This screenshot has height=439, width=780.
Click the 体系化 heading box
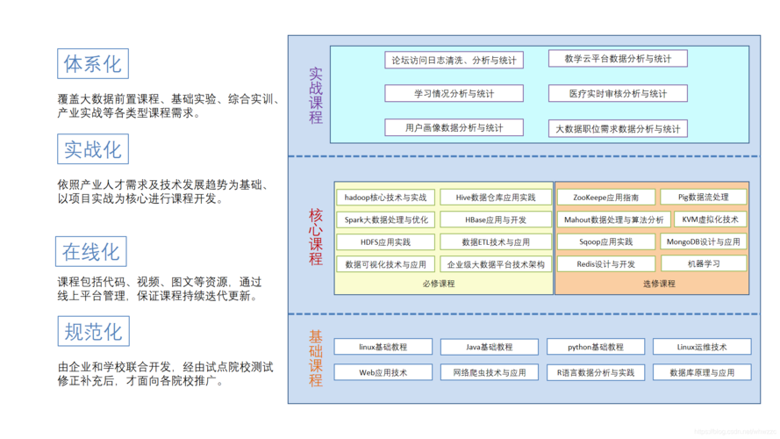coord(92,64)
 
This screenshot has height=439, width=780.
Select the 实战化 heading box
coord(93,149)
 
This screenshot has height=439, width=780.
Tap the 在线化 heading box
coord(91,252)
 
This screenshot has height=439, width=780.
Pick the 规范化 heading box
coord(93,332)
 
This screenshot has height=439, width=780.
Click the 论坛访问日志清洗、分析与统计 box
coord(454,60)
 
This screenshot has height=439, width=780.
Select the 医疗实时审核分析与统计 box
coord(618,93)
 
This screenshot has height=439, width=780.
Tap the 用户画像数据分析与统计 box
coord(454,127)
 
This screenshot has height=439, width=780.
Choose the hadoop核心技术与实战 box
coord(385,198)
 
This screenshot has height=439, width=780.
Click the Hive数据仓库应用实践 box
coord(496,198)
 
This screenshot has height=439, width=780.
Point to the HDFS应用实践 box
coord(385,241)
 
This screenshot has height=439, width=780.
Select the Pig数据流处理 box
coord(703,197)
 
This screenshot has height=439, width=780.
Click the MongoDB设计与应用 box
coord(703,241)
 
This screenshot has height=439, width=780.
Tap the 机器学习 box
coord(703,263)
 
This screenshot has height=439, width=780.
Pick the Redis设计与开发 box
coord(605,263)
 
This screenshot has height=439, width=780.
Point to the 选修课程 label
coord(659,284)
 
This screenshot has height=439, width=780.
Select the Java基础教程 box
coord(490,347)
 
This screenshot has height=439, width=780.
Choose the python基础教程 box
coord(595,347)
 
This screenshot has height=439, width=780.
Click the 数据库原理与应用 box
coord(701,372)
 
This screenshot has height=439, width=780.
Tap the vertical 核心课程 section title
coord(316,236)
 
